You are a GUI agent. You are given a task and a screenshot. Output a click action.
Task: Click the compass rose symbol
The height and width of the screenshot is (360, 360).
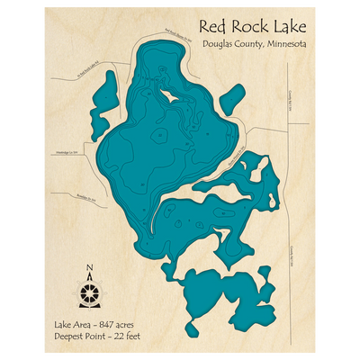[88, 293]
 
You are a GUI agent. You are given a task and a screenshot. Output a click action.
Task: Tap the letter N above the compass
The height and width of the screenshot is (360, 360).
[88, 268]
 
